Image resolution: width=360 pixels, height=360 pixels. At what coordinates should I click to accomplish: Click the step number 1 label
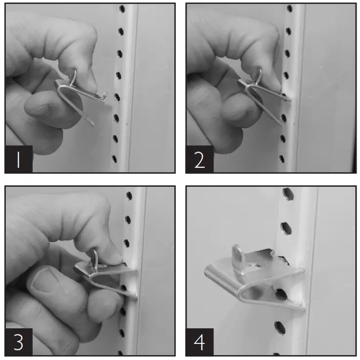click(x=19, y=159)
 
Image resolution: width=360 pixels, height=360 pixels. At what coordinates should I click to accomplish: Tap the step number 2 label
click(x=199, y=159)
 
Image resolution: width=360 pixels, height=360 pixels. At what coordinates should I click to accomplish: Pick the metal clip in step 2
click(x=261, y=95)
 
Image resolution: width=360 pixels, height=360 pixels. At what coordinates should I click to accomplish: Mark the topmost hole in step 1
click(x=122, y=9)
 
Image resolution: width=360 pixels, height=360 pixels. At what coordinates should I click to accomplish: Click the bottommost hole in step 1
click(x=114, y=159)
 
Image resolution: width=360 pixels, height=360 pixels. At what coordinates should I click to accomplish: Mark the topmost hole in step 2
click(x=290, y=8)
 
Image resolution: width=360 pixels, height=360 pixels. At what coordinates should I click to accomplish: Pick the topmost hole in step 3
click(x=129, y=195)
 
